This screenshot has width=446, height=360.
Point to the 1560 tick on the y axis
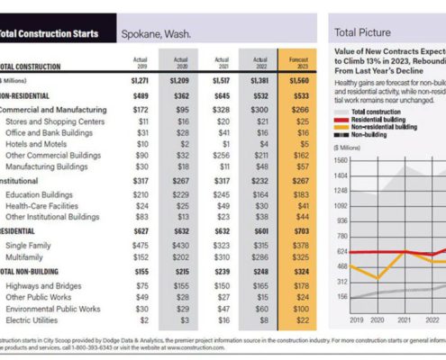pos(340,159)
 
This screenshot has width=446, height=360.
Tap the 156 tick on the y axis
pos(341,295)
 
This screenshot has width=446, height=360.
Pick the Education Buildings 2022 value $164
pos(260,194)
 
